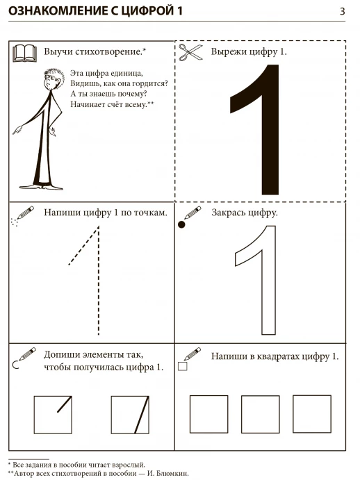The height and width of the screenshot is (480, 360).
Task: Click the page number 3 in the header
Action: point(342,11)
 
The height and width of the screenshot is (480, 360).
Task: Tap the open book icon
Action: point(24,53)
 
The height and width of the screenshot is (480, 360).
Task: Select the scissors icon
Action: point(190,52)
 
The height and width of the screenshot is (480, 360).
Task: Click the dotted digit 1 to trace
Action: point(99,280)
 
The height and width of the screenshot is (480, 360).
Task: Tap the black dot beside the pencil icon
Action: point(181,224)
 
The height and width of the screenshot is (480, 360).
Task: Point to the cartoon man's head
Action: point(54,78)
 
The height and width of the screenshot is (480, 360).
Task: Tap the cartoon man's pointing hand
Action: point(18,129)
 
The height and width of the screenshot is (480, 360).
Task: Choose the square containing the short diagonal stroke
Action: point(53,415)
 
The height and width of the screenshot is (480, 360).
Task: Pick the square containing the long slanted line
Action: point(130,415)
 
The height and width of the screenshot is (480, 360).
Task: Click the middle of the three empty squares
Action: point(260,414)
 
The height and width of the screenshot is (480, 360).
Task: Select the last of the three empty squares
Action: point(312,414)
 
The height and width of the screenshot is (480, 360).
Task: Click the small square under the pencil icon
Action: point(182,366)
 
